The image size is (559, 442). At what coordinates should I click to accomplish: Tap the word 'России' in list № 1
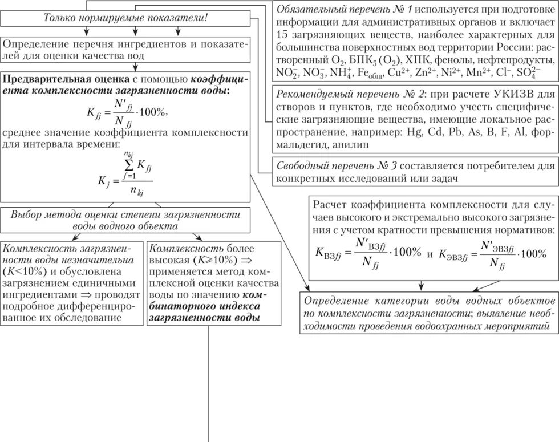pos(508,47)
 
